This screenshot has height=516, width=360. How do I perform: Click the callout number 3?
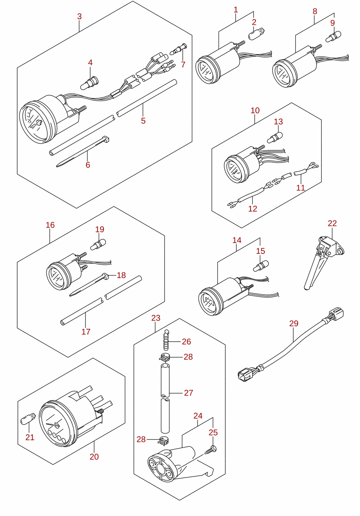pyautogui.click(x=79, y=17)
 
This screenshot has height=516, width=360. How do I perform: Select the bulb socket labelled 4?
pyautogui.click(x=89, y=83)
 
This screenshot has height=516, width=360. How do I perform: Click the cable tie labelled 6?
pyautogui.click(x=83, y=151)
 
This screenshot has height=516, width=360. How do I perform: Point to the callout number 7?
pyautogui.click(x=183, y=65)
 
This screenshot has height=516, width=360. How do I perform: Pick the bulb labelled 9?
pyautogui.click(x=333, y=37)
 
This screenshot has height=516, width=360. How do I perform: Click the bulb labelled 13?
pyautogui.click(x=275, y=138)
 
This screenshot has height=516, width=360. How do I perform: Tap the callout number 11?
pyautogui.click(x=300, y=188)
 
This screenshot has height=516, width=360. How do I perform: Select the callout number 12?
pyautogui.click(x=253, y=209)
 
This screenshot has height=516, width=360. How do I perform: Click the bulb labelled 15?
pyautogui.click(x=261, y=266)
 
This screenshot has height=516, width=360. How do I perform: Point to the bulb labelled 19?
pyautogui.click(x=98, y=244)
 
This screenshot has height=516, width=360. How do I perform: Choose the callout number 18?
pyautogui.click(x=121, y=275)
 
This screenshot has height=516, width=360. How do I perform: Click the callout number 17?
pyautogui.click(x=86, y=332)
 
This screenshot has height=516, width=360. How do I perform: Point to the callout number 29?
pyautogui.click(x=294, y=324)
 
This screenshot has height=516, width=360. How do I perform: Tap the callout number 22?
pyautogui.click(x=332, y=223)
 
